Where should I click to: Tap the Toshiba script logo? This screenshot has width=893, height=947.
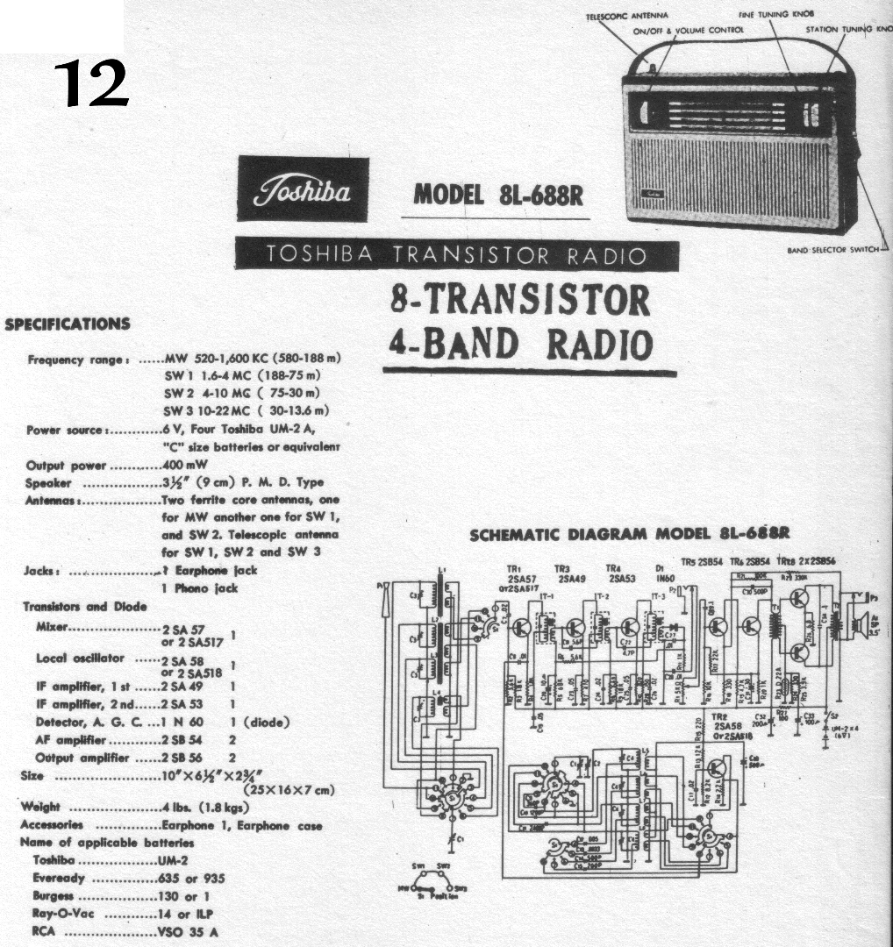[x=303, y=189]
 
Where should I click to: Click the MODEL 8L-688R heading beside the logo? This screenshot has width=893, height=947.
[x=497, y=194]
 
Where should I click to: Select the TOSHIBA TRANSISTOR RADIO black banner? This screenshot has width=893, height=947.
[x=456, y=255]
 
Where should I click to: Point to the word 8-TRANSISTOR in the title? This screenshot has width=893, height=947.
[x=520, y=301]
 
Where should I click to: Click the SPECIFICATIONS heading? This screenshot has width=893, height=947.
[x=68, y=324]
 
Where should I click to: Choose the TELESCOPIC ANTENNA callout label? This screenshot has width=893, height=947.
[x=627, y=15]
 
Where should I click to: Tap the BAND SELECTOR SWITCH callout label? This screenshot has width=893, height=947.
[x=832, y=250]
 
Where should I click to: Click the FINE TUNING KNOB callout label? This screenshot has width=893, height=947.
[x=776, y=15]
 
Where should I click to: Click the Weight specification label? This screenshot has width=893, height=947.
[x=39, y=807]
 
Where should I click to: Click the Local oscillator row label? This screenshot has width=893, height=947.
[x=84, y=658]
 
